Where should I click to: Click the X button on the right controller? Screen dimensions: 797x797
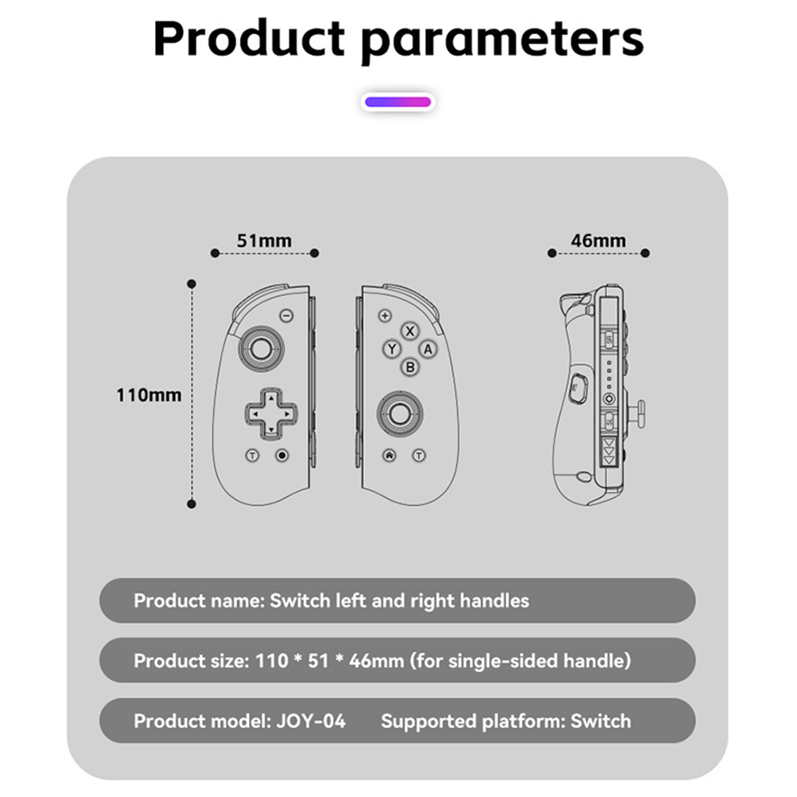pyautogui.click(x=410, y=331)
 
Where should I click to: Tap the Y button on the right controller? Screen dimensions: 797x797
pyautogui.click(x=392, y=349)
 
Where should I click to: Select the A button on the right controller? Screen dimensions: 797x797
pyautogui.click(x=428, y=349)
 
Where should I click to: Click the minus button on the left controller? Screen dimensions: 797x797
pyautogui.click(x=286, y=315)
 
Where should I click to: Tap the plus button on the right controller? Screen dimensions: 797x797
pyautogui.click(x=385, y=315)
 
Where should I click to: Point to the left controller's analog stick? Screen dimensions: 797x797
pyautogui.click(x=261, y=348)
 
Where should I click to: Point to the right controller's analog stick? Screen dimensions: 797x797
pyautogui.click(x=399, y=413)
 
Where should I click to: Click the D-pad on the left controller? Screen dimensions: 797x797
pyautogui.click(x=271, y=413)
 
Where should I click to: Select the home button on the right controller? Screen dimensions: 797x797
pyautogui.click(x=390, y=455)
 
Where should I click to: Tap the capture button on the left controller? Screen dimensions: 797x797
pyautogui.click(x=282, y=455)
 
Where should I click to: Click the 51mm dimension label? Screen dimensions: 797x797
pyautogui.click(x=264, y=241)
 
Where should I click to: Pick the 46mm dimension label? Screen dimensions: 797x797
pyautogui.click(x=598, y=241)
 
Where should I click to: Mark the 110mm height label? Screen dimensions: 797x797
pyautogui.click(x=149, y=395)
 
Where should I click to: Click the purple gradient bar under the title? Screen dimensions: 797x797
pyautogui.click(x=398, y=102)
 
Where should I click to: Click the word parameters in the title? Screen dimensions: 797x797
pyautogui.click(x=502, y=40)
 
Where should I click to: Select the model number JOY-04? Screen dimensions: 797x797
pyautogui.click(x=311, y=721)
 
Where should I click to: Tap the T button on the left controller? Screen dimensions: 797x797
pyautogui.click(x=253, y=455)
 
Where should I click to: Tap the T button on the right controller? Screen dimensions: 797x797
pyautogui.click(x=419, y=455)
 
